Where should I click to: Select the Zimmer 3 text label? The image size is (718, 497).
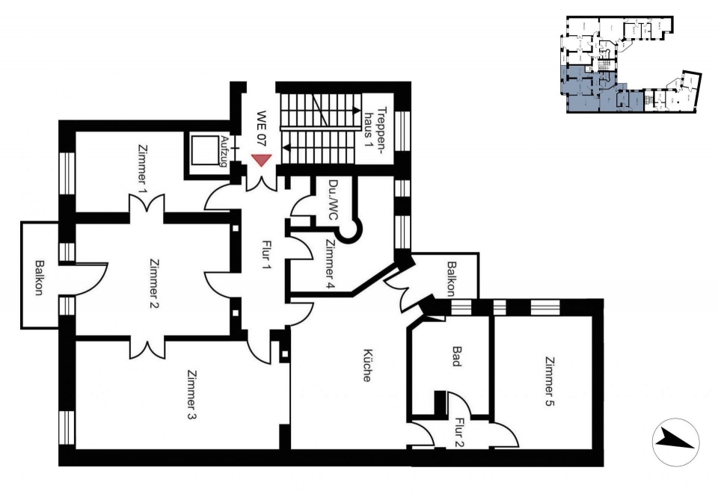point(193,396)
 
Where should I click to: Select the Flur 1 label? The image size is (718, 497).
point(264,256)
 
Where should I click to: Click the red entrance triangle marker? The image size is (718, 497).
point(262,160)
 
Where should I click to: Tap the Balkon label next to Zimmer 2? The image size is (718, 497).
point(39,277)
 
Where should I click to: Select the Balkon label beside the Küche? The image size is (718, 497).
point(451,277)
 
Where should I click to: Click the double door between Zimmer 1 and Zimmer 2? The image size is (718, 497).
point(140,203)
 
